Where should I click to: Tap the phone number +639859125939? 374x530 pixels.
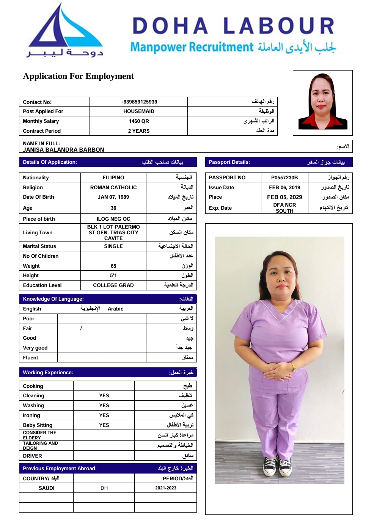click(139, 102)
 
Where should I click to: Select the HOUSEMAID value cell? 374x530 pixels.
click(139, 111)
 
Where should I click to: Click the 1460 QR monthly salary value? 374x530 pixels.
click(139, 121)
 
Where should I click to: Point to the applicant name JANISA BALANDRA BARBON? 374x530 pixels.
click(63, 150)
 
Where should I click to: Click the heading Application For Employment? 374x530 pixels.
click(79, 76)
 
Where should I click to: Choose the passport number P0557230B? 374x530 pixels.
click(284, 177)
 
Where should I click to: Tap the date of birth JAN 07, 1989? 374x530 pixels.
click(113, 197)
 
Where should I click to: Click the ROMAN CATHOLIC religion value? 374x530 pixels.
click(113, 187)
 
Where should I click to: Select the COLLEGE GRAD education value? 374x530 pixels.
click(113, 285)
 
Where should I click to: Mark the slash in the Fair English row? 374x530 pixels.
click(81, 329)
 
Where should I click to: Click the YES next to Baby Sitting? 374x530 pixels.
click(104, 425)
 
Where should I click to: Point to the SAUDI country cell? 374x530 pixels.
click(47, 488)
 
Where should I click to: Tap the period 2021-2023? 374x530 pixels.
click(166, 488)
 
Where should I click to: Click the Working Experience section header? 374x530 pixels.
click(108, 373)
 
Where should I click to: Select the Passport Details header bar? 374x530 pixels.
click(279, 162)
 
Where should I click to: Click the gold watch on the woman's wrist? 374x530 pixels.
click(293, 367)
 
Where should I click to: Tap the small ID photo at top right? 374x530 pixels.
click(323, 102)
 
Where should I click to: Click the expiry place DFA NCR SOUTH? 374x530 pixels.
click(284, 208)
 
